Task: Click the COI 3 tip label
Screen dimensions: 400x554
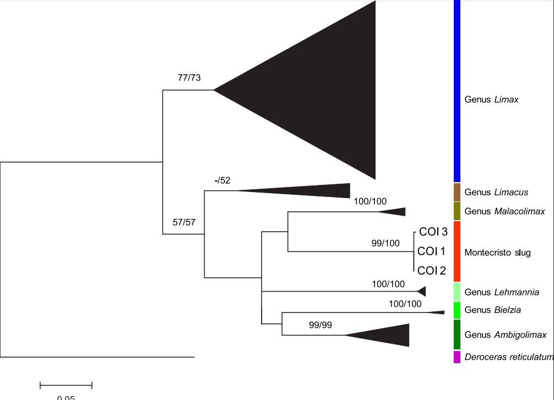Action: (x=433, y=232)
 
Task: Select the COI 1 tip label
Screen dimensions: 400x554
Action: (x=431, y=251)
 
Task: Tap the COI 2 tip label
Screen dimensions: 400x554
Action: (x=431, y=271)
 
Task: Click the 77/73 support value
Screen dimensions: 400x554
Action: (x=189, y=78)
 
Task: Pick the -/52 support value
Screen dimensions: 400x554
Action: (x=222, y=180)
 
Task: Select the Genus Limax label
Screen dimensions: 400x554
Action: (x=491, y=100)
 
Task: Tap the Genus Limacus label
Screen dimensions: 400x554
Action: (x=496, y=192)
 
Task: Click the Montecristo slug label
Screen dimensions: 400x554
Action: (x=497, y=253)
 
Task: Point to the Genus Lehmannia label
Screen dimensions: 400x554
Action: (x=502, y=292)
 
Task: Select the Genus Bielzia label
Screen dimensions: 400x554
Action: (x=492, y=310)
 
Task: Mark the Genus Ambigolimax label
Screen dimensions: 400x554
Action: (x=505, y=335)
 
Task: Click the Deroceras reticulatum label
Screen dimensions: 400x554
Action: (x=508, y=357)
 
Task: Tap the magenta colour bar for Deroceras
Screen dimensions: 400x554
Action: (x=457, y=357)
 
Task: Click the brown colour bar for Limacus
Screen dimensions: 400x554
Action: (x=457, y=192)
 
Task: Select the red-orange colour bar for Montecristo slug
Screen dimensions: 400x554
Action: (x=457, y=251)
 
